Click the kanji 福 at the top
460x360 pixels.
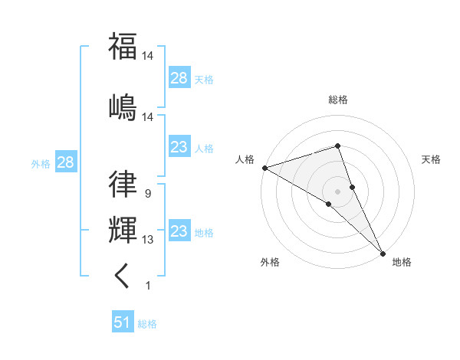pyautogui.click(x=123, y=45)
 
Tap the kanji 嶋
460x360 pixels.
pyautogui.click(x=123, y=106)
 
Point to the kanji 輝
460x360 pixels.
pyautogui.click(x=123, y=229)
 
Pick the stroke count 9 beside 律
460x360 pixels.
pyautogui.click(x=147, y=195)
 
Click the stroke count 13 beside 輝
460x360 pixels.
pyautogui.click(x=148, y=240)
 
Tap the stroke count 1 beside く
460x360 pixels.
pyautogui.click(x=147, y=286)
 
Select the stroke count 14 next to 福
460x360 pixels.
pyautogui.click(x=148, y=56)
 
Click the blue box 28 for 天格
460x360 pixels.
pyautogui.click(x=179, y=77)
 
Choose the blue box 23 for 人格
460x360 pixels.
pyautogui.click(x=179, y=147)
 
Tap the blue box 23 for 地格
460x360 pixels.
pyautogui.click(x=179, y=231)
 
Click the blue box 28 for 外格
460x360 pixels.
pyautogui.click(x=65, y=162)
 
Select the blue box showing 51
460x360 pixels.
pyautogui.click(x=123, y=322)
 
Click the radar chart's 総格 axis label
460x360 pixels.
pyautogui.click(x=337, y=100)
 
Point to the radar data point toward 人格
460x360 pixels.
pyautogui.click(x=264, y=167)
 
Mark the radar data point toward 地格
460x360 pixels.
pyautogui.click(x=383, y=252)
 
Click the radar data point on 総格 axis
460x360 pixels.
pyautogui.click(x=337, y=146)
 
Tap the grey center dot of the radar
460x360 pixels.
pyautogui.click(x=337, y=190)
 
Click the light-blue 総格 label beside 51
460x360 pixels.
pyautogui.click(x=147, y=324)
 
